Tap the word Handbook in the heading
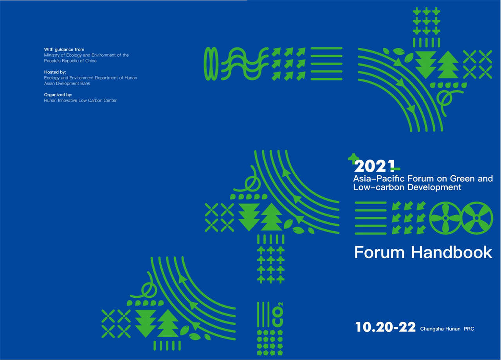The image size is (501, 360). pos(452,252)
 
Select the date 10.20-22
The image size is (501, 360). pos(386,327)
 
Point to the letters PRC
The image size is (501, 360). pos(469,329)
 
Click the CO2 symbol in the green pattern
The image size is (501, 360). pos(278,315)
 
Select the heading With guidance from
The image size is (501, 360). pos(64,49)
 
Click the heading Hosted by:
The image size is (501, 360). pos(55,72)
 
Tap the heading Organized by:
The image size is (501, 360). pos(58,95)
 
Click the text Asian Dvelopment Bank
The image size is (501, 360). pos(67,83)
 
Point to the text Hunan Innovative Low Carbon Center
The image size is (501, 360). pos(80,101)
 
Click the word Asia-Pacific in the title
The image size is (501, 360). pos(379,179)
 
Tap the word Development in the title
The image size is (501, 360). pos(434,187)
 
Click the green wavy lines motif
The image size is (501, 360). pos(245,64)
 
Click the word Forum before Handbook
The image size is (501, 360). pos(379,252)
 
